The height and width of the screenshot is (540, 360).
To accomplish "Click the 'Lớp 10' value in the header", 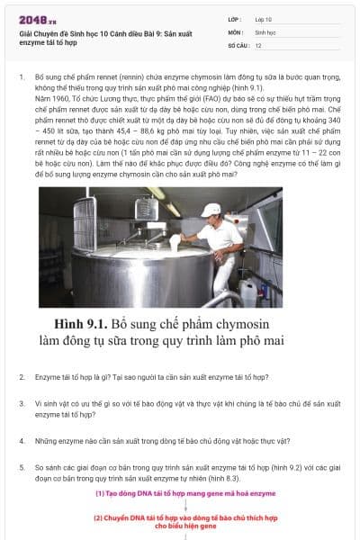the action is [x=264, y=19].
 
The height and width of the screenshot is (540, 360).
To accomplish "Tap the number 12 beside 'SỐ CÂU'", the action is [x=259, y=44].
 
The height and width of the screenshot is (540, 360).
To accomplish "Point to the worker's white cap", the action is [x=211, y=210].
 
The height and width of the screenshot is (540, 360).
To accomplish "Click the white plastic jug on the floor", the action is [x=247, y=291].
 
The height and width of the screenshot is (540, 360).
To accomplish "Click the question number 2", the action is [x=22, y=376].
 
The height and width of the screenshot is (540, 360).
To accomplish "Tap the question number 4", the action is [x=22, y=441].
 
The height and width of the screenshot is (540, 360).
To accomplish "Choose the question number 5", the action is [x=22, y=467].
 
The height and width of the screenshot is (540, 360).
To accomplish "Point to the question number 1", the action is [x=22, y=79].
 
